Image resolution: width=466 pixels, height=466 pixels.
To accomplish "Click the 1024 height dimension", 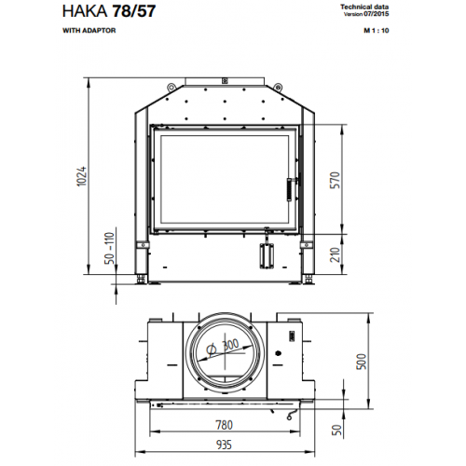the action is tap(82, 176).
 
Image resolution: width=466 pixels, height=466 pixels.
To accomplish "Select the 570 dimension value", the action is tap(335, 180).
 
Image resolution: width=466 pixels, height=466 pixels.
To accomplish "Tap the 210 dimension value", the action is tap(335, 254).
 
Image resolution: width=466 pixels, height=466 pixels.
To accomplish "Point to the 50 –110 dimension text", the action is tap(109, 248).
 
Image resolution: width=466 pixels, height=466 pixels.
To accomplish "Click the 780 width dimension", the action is tap(224, 425).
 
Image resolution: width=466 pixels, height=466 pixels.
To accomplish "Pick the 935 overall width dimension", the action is tap(224, 445).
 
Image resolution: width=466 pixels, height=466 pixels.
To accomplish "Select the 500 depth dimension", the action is tap(362, 362).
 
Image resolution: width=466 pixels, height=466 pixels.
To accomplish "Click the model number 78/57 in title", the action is tap(133, 11).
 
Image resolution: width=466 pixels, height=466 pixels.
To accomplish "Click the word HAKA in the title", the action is tap(85, 11).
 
